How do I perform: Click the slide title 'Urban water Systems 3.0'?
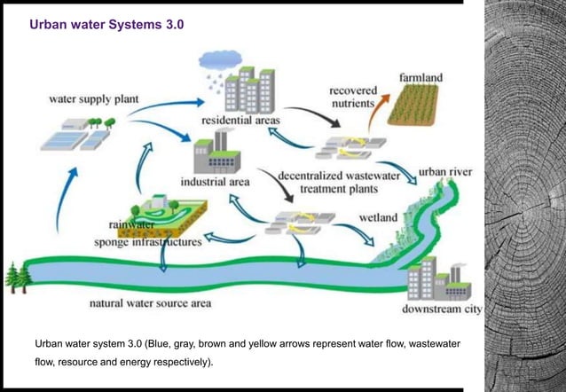point(106,26)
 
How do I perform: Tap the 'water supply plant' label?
point(85,98)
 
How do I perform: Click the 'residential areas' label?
point(240,120)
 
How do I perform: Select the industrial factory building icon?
point(216,153)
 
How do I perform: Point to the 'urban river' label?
point(444,170)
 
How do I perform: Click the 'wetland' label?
point(378,216)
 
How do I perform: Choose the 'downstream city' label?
point(442,310)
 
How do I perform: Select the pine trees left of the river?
point(17,277)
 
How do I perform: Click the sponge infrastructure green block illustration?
point(168,214)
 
